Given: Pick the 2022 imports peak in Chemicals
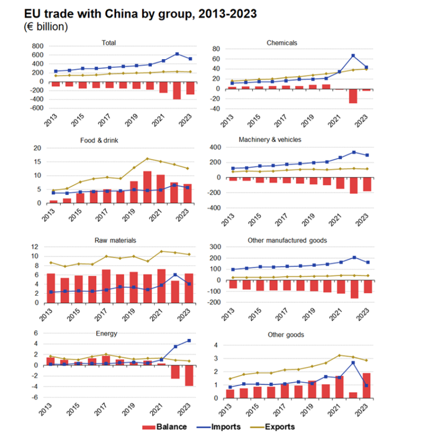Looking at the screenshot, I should [353, 55].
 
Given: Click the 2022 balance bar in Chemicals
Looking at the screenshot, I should [353, 96].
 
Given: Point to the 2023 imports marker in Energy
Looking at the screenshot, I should [189, 340].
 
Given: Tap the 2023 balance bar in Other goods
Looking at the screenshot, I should [367, 386].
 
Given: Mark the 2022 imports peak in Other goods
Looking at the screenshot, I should [353, 362].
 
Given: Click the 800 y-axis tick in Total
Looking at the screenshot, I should [37, 46].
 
